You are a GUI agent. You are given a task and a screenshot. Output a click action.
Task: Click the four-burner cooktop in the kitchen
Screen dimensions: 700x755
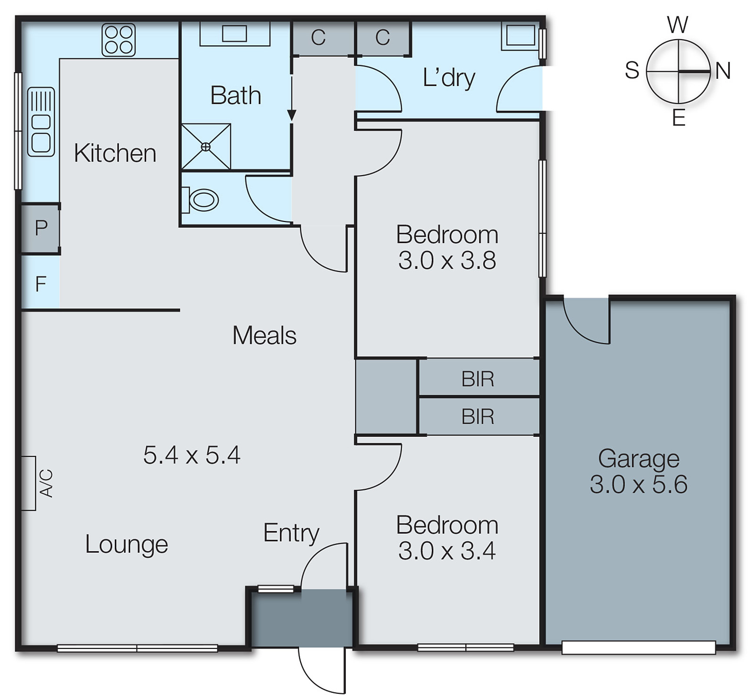(119, 40)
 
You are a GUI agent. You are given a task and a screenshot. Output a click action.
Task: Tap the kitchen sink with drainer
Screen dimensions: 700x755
(41, 122)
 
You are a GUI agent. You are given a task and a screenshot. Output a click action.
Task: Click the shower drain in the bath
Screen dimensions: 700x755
(206, 147)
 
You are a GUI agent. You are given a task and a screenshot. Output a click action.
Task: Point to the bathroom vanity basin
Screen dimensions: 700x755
(235, 34)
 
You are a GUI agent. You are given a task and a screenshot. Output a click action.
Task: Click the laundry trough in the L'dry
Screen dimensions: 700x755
(520, 35)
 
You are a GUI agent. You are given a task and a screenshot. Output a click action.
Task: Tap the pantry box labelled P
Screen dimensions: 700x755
(41, 228)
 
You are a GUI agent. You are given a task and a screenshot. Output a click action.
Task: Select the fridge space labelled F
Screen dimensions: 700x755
(41, 283)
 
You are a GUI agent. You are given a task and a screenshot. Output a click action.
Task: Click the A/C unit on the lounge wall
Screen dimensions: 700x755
(29, 483)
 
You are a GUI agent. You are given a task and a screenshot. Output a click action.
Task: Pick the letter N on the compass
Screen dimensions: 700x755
(722, 71)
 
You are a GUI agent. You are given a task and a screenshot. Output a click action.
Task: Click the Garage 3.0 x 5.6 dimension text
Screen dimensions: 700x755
(638, 484)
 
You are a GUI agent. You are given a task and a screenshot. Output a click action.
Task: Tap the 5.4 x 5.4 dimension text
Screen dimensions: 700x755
(192, 455)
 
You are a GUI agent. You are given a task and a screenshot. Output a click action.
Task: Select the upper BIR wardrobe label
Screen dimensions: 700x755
(478, 379)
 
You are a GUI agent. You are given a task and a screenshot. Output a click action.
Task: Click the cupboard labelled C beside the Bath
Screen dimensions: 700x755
(319, 38)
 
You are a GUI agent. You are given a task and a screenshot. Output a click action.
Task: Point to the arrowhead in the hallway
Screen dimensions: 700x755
(292, 115)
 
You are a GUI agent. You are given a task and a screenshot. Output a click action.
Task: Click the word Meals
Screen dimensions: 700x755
(264, 335)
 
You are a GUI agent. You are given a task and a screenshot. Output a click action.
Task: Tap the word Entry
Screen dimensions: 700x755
(291, 533)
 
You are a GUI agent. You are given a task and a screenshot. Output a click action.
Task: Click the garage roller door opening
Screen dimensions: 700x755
(638, 647)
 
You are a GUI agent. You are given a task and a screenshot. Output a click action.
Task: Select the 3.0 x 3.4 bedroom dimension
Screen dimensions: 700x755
(446, 551)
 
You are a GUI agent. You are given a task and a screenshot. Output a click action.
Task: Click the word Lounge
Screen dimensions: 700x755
(126, 544)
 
